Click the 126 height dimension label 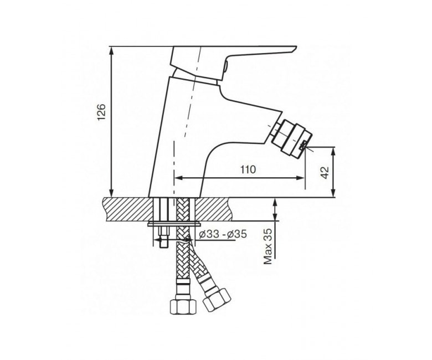coord(102,112)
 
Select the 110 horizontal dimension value coord(248,169)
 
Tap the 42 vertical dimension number coord(325,172)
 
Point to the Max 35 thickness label coord(268,246)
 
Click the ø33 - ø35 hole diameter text coord(223,234)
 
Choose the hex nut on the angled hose coord(217,300)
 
